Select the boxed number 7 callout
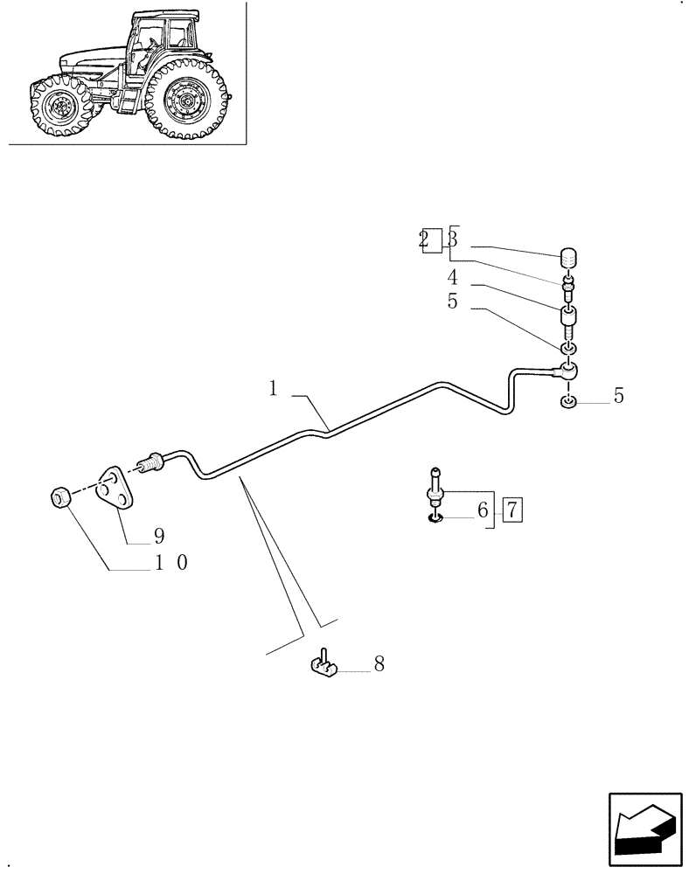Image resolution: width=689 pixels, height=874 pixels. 512,510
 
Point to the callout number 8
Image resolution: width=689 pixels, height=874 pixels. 379,664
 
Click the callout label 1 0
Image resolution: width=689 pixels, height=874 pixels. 170,564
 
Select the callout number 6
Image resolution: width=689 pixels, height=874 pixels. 482,510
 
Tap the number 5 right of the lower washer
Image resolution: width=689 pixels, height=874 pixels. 618,396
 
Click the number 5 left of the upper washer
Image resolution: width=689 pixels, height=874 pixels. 452,302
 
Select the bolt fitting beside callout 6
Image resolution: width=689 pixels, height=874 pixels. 435,495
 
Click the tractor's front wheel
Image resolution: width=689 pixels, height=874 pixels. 58,108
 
